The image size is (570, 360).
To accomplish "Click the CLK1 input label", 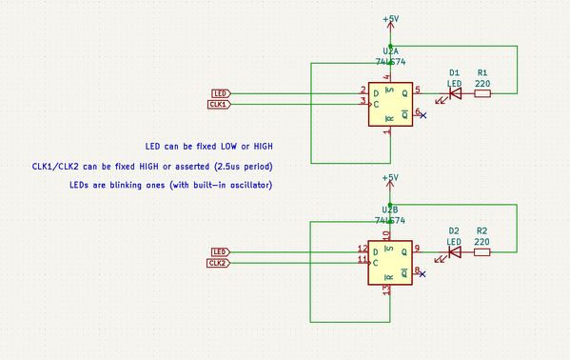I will [217, 103].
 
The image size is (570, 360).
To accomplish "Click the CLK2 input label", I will [217, 262].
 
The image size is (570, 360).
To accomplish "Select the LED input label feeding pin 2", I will [219, 92].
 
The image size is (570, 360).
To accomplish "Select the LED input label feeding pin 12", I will [219, 251].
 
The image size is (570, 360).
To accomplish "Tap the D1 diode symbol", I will [454, 93].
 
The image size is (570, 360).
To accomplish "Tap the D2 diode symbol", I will [454, 252].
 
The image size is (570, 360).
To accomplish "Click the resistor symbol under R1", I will [482, 93].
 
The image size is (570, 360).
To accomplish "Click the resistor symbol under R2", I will [482, 252].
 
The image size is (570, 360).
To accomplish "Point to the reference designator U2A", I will [389, 49].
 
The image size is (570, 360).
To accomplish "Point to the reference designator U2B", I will [389, 209].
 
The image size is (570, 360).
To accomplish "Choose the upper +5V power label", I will [390, 19].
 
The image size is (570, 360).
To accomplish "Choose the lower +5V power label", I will [390, 178].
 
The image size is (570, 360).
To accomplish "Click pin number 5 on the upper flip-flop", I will [418, 89].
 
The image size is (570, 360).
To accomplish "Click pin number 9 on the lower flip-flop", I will [418, 248].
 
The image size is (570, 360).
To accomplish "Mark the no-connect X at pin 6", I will [423, 115].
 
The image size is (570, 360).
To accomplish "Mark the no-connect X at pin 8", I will [423, 274].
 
